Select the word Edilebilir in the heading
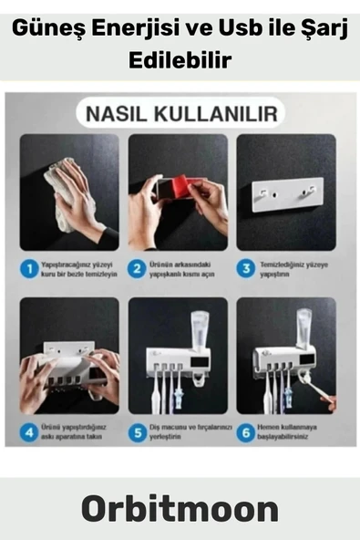pyautogui.click(x=180, y=60)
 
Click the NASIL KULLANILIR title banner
pyautogui.click(x=180, y=115)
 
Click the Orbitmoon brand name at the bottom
pyautogui.click(x=180, y=507)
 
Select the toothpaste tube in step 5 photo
pyautogui.click(x=200, y=328)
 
